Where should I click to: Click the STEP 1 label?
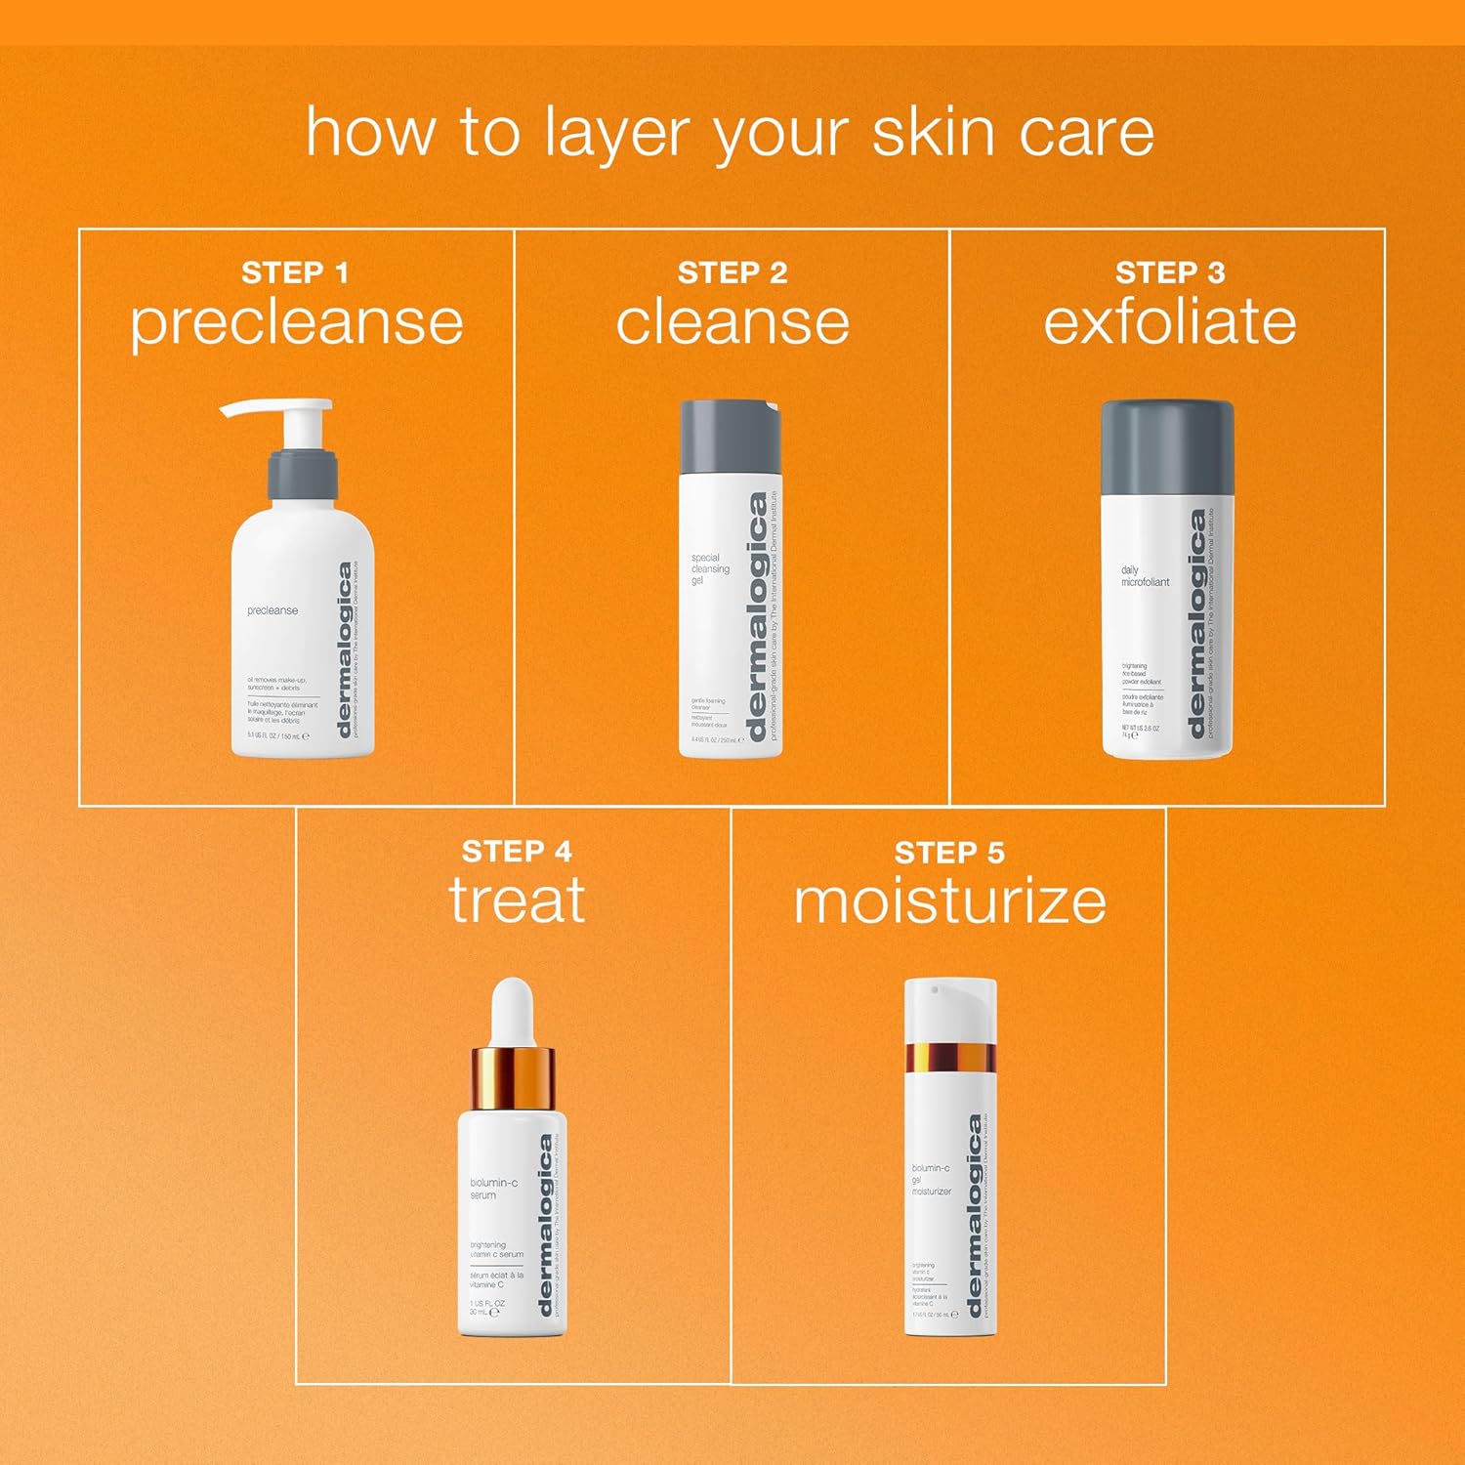(295, 272)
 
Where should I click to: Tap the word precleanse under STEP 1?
(297, 324)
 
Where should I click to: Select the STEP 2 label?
(732, 272)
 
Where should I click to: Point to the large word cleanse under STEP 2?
(732, 322)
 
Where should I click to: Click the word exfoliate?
(1169, 322)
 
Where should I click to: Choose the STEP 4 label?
(517, 851)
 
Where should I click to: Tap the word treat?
(517, 900)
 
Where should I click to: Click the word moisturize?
(949, 900)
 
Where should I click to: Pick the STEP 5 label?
(949, 852)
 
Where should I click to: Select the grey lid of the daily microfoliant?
(1167, 446)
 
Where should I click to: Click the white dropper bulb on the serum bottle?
(513, 1011)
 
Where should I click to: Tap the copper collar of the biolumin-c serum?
(513, 1079)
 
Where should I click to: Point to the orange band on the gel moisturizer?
(949, 1057)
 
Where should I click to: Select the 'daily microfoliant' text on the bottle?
(1144, 575)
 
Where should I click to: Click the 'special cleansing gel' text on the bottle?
(710, 569)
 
